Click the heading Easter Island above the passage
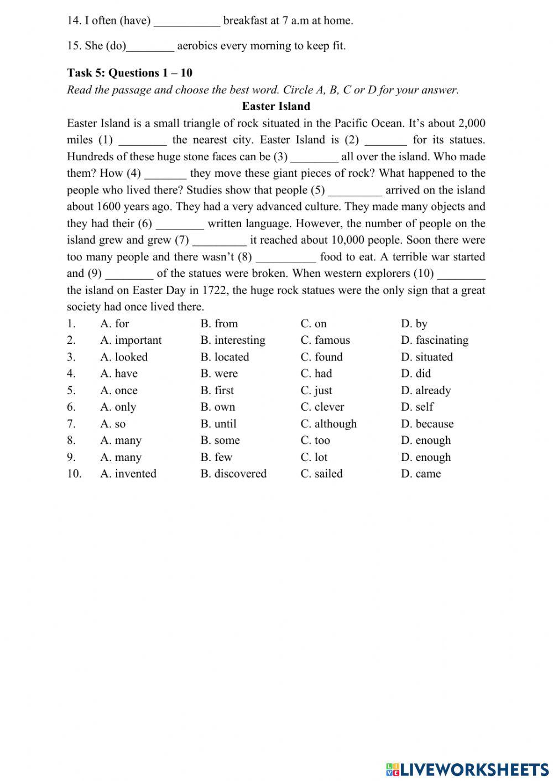(x=276, y=106)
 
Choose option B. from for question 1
(x=219, y=323)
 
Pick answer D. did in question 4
(x=416, y=374)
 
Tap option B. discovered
(x=233, y=474)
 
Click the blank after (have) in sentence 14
(x=187, y=22)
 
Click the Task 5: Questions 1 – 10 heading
(x=129, y=73)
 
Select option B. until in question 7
(x=218, y=424)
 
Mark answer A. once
(x=119, y=390)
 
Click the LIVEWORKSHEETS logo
(x=467, y=769)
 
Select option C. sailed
(x=321, y=474)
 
